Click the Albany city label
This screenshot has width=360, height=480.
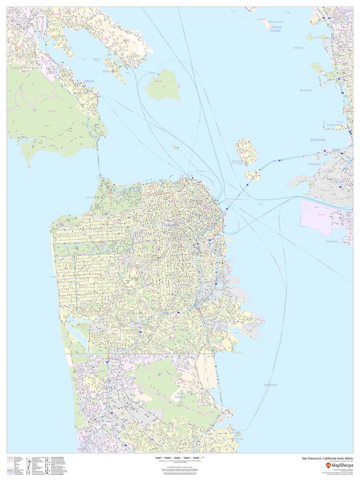(x=298, y=48)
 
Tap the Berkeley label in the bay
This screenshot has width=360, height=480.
(x=306, y=90)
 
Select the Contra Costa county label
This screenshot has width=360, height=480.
(x=275, y=29)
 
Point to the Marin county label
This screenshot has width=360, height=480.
(x=90, y=81)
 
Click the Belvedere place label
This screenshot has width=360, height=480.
(x=109, y=71)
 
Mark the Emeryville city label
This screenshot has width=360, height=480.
(x=334, y=125)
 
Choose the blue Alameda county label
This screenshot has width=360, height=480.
(x=317, y=140)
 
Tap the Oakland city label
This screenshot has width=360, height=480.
(x=314, y=164)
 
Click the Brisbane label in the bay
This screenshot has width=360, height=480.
(x=271, y=385)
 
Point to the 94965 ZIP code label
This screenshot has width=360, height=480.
(x=52, y=111)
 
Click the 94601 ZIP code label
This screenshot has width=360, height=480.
(x=322, y=215)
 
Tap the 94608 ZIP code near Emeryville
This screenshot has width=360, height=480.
(x=340, y=122)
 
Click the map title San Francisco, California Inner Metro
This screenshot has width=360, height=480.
(x=328, y=458)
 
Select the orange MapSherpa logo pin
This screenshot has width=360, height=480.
(x=328, y=465)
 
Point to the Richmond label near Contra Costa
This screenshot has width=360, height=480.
(x=276, y=22)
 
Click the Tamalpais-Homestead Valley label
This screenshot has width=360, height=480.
(x=26, y=69)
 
